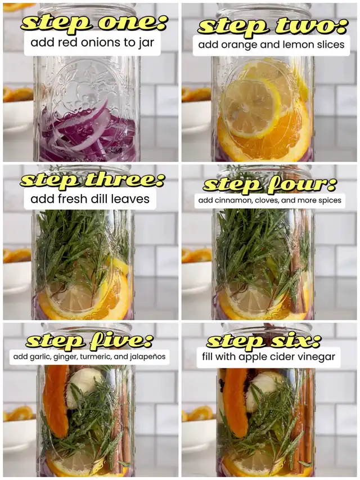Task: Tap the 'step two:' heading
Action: (273, 26)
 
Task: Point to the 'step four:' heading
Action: (269, 185)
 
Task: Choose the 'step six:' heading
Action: (264, 340)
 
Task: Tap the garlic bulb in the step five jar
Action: (83, 387)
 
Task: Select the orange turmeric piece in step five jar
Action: (55, 401)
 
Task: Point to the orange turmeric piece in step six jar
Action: (235, 402)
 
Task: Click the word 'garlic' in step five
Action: (38, 357)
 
